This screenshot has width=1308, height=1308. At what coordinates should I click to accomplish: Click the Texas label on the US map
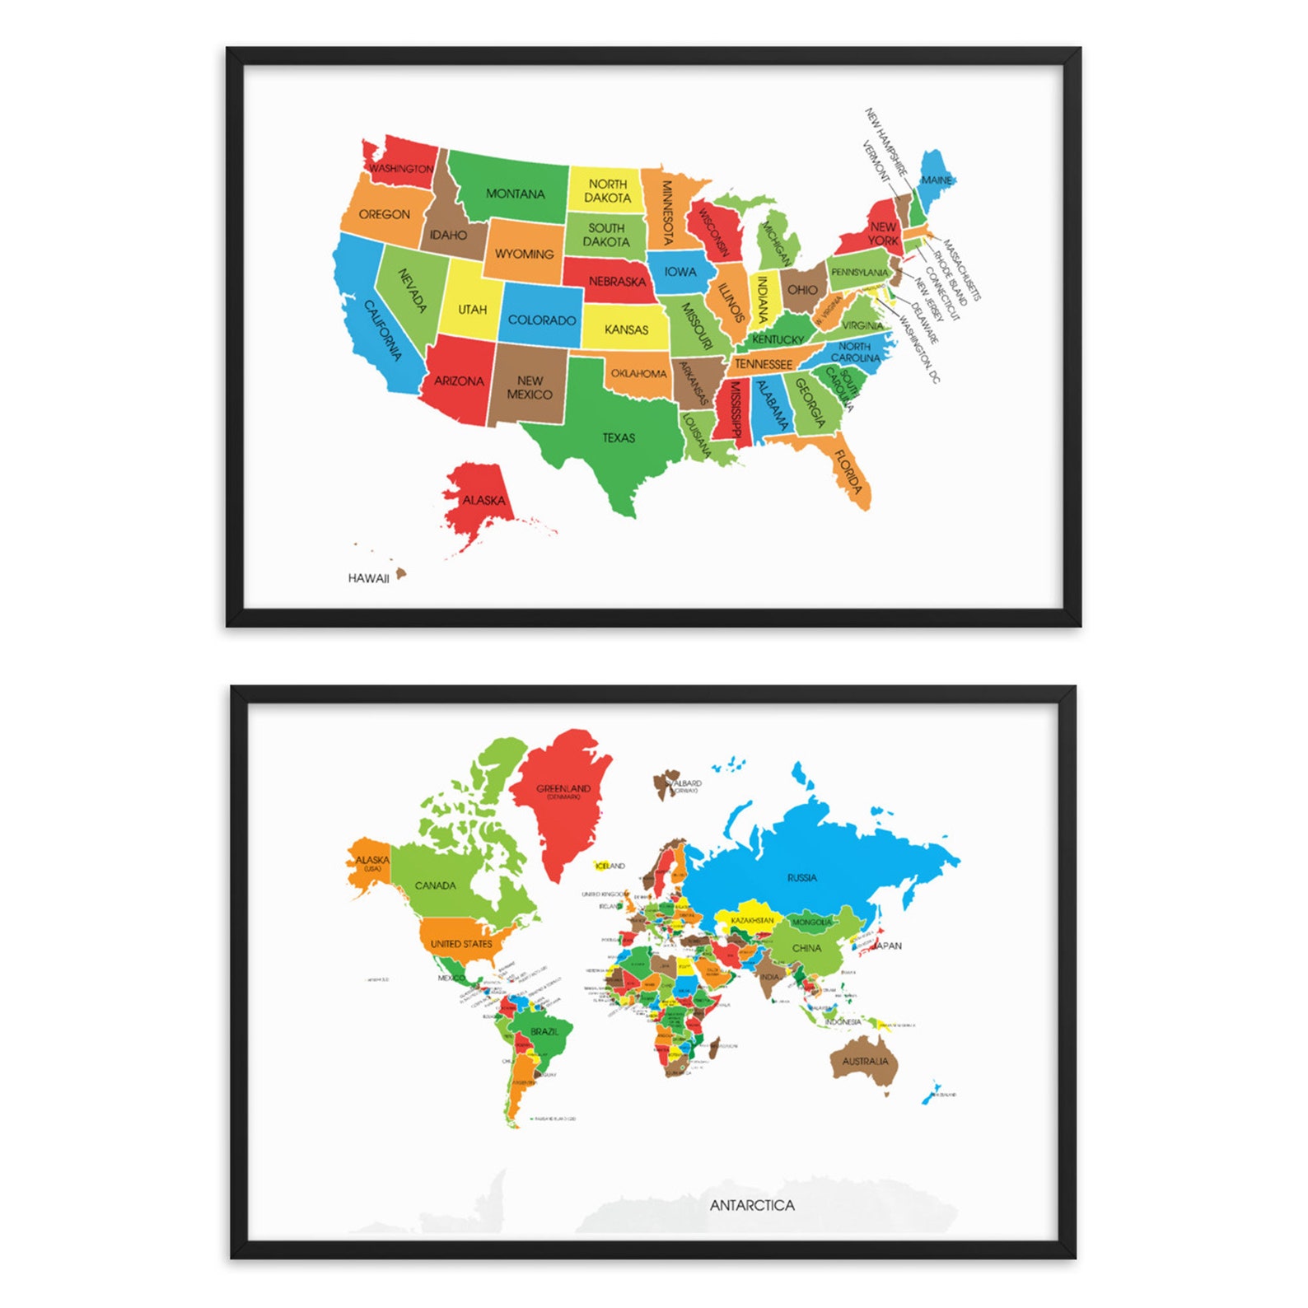tap(619, 437)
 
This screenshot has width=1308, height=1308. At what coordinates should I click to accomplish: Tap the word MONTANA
tap(515, 194)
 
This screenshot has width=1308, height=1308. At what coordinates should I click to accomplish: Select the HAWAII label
tap(368, 578)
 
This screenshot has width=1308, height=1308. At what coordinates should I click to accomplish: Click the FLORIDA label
tap(848, 471)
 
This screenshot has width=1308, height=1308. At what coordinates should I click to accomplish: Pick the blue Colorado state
tap(541, 320)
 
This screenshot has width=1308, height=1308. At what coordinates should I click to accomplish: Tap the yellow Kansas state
tap(626, 329)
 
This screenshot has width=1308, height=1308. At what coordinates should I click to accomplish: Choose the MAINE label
tap(937, 180)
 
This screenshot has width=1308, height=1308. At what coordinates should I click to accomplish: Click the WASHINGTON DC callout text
tap(919, 350)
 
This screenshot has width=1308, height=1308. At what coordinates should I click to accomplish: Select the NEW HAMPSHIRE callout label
tap(885, 141)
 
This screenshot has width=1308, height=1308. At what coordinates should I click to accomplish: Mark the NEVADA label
tap(413, 290)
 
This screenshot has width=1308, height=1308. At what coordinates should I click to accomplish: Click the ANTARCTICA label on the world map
tap(752, 1205)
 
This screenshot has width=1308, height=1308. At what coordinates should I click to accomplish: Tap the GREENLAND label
tap(563, 788)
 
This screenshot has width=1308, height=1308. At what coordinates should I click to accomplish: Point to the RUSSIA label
tap(801, 877)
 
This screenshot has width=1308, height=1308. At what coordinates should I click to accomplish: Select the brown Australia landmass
tap(865, 1063)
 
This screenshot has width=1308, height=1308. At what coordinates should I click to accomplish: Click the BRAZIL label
tap(544, 1031)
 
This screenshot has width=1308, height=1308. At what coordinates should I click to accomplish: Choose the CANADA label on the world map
tap(435, 885)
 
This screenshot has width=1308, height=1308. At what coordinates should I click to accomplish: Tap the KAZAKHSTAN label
tap(752, 920)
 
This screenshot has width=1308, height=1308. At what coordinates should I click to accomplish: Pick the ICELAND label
tap(610, 866)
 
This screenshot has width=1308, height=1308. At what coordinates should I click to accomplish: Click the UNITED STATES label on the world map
tap(461, 944)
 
